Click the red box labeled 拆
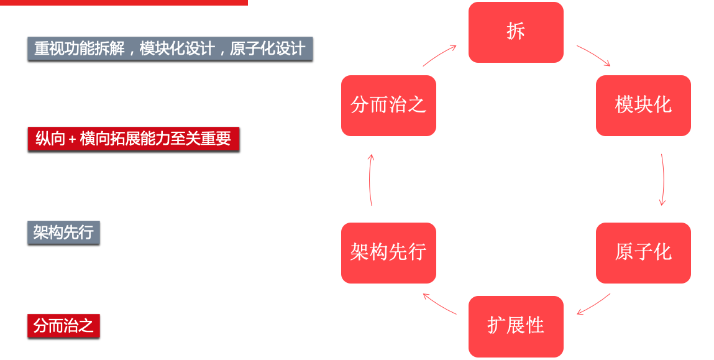pyautogui.click(x=516, y=32)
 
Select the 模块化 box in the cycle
pyautogui.click(x=643, y=106)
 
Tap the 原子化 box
pyautogui.click(x=643, y=253)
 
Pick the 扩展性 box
pyautogui.click(x=516, y=326)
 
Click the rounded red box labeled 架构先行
pyautogui.click(x=388, y=253)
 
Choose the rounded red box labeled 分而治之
pyautogui.click(x=388, y=106)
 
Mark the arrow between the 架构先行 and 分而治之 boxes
pyautogui.click(x=370, y=180)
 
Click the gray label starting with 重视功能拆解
pyautogui.click(x=170, y=48)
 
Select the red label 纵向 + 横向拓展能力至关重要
pyautogui.click(x=134, y=139)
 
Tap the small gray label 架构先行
pyautogui.click(x=63, y=233)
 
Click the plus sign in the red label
pyautogui.click(x=72, y=139)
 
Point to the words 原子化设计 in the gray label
pyautogui.click(x=267, y=48)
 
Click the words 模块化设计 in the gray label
pyautogui.click(x=177, y=48)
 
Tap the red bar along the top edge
pyautogui.click(x=124, y=2)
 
